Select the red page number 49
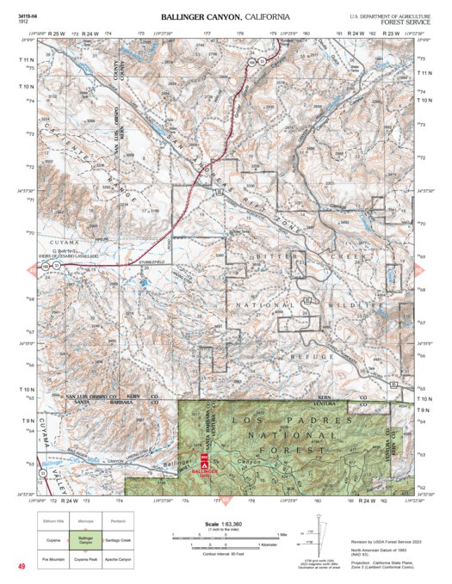pyautogui.click(x=21, y=566)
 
